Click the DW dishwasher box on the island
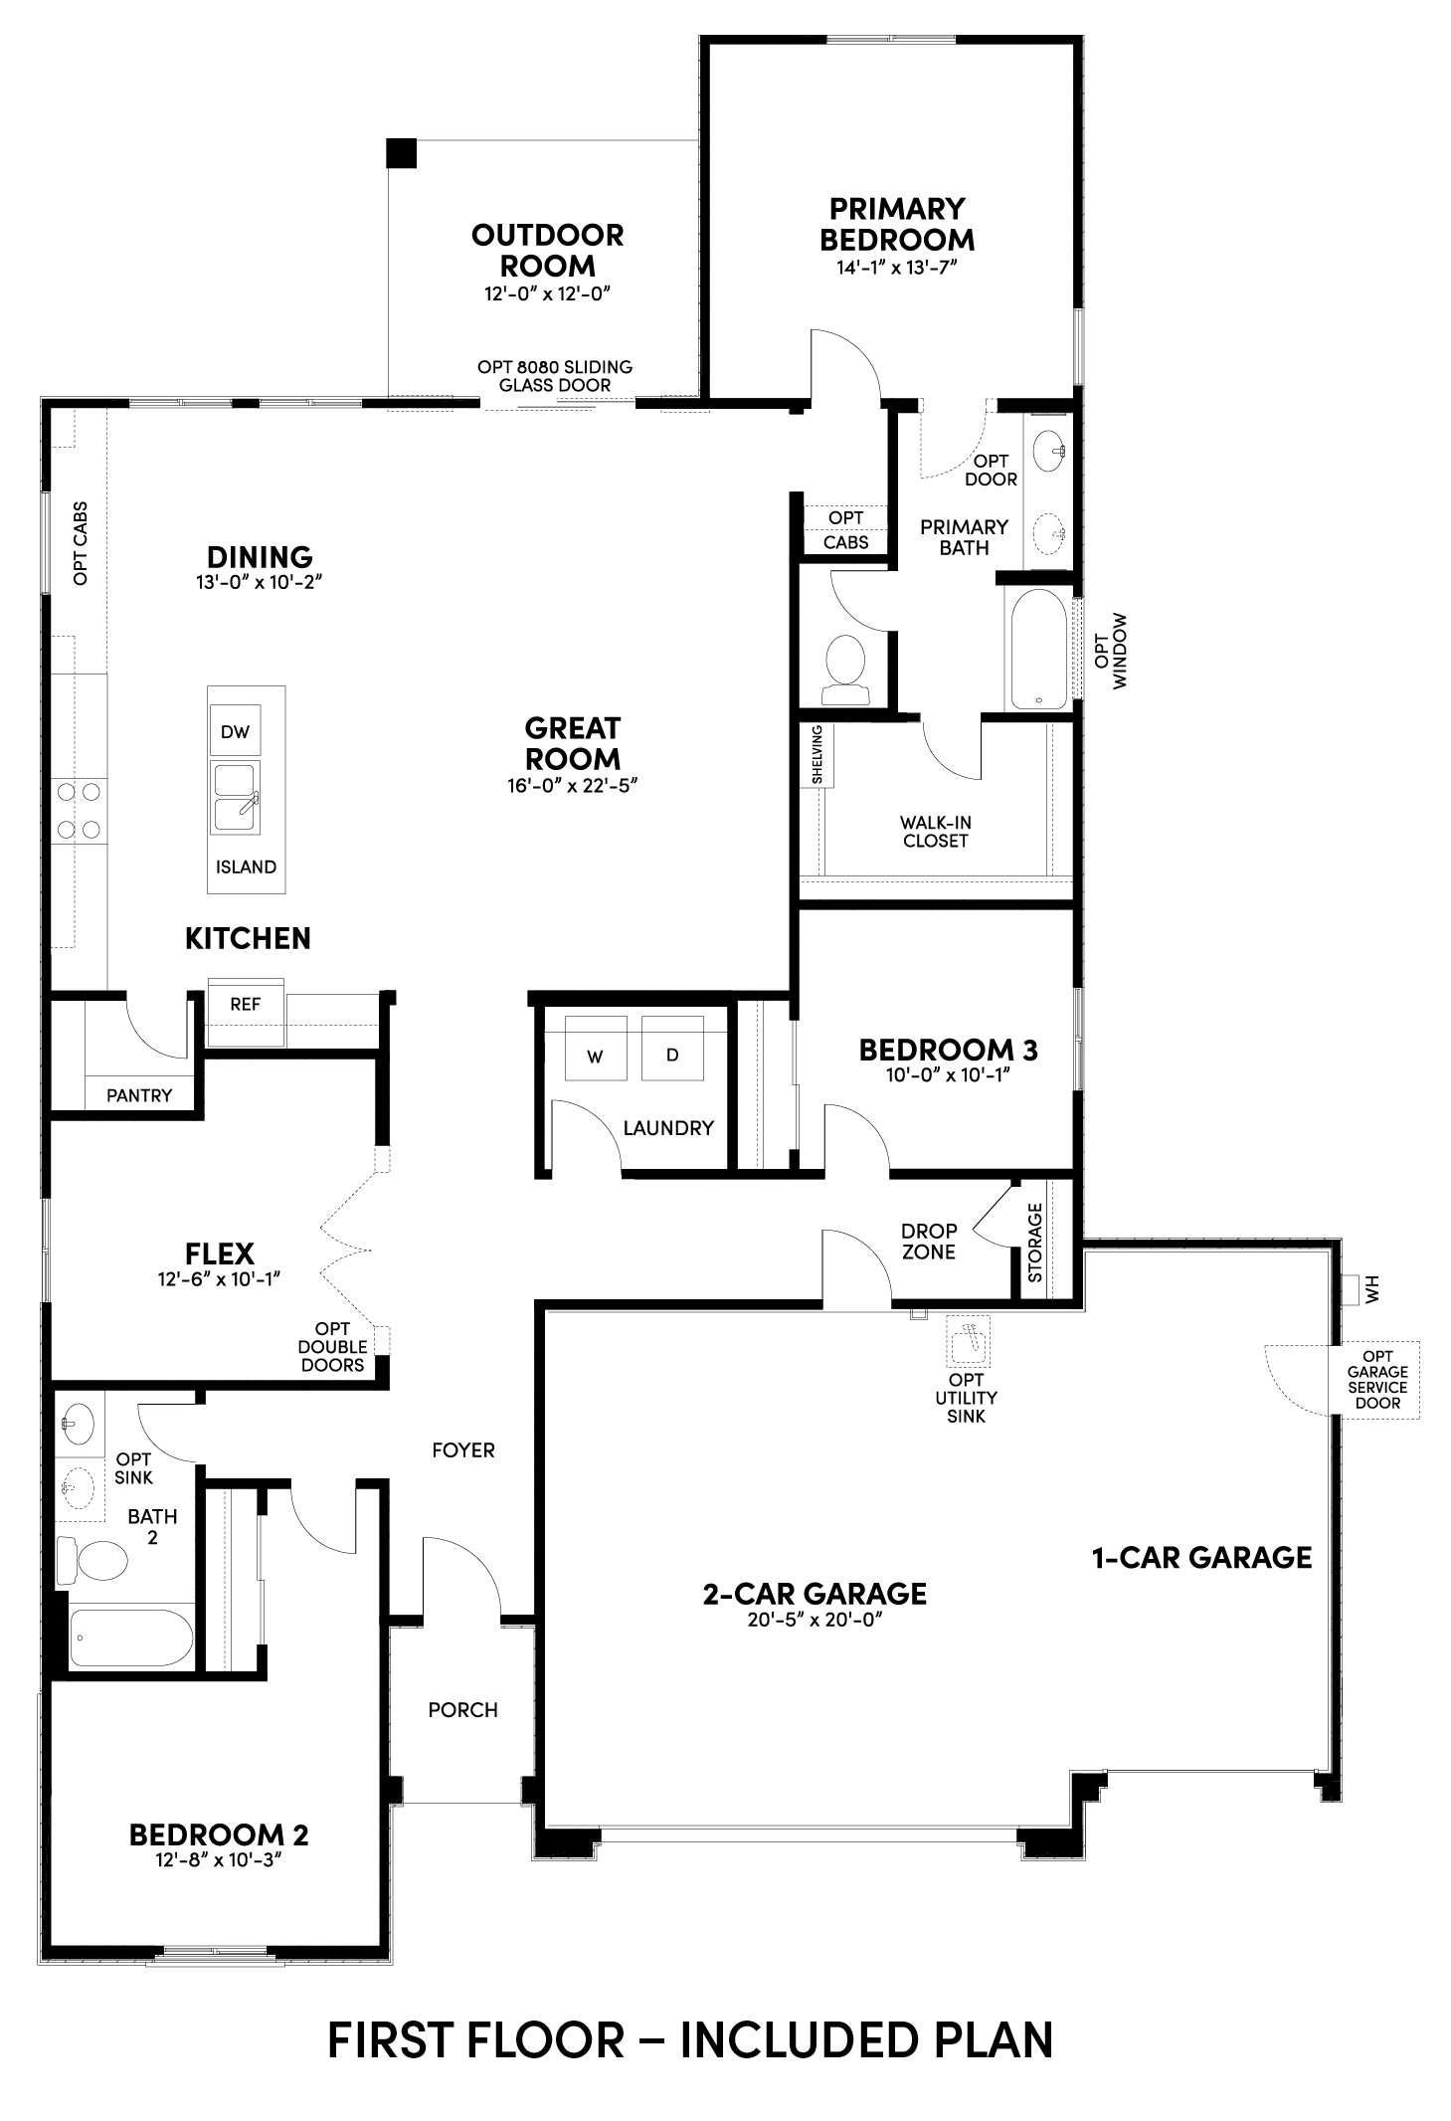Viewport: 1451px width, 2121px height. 235,731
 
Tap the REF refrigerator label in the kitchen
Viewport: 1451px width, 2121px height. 245,1004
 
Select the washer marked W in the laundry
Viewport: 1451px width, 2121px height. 596,1048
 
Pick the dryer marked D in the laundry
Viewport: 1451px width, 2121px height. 672,1048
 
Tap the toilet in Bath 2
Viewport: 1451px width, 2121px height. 92,1559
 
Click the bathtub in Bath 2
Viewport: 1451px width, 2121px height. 131,1639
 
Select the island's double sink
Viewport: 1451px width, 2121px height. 235,797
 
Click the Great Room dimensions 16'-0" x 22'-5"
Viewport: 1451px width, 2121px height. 572,785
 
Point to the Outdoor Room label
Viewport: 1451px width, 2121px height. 548,251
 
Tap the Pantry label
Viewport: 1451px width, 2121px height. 139,1095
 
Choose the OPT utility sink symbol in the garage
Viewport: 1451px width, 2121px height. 968,1342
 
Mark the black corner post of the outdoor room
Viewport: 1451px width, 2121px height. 401,153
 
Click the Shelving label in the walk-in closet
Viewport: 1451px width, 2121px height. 817,755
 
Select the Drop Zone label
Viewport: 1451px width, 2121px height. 929,1242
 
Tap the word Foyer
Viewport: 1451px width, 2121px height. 463,1450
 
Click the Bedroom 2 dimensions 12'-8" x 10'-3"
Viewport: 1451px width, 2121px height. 219,1861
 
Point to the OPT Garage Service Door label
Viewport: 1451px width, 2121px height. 1377,1380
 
